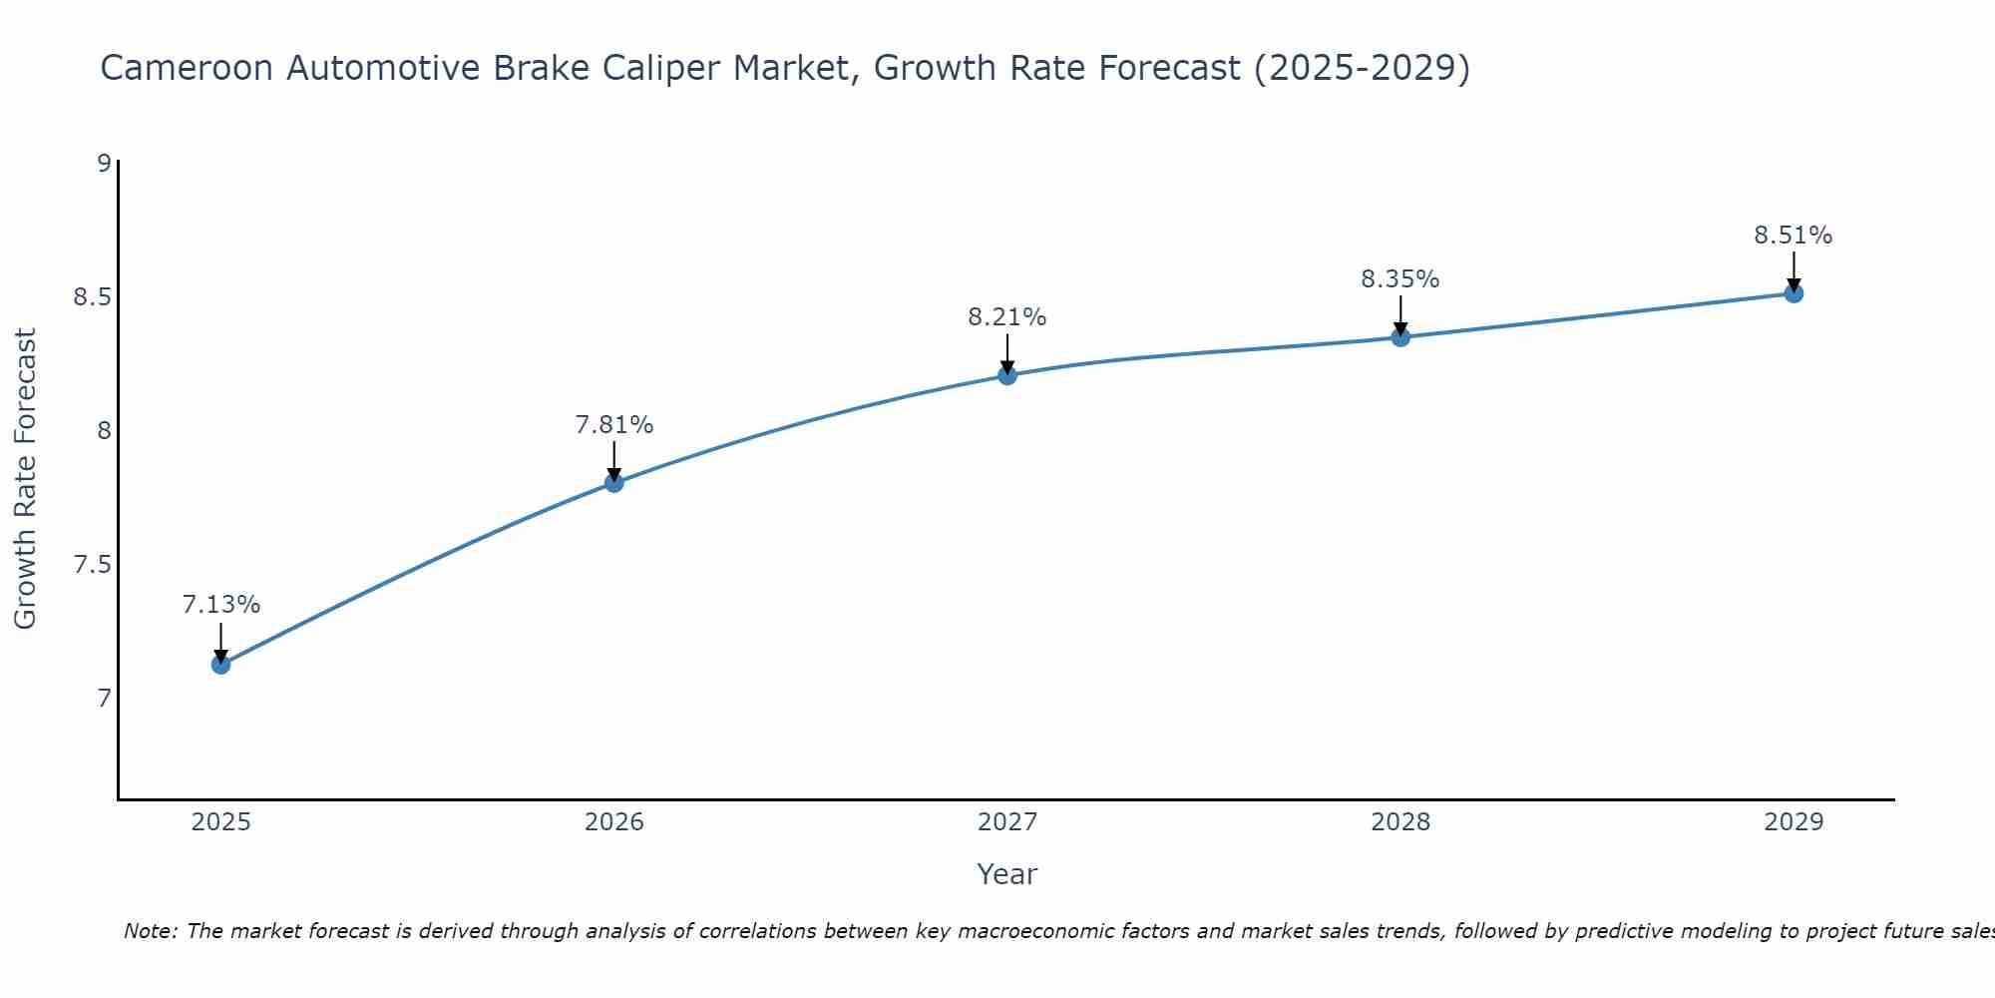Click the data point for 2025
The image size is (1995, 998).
tap(220, 665)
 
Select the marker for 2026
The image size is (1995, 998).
tap(613, 483)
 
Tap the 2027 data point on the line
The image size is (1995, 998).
tap(1006, 375)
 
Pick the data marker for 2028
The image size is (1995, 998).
tap(1400, 337)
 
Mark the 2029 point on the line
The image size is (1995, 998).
tap(1794, 293)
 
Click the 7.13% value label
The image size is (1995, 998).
tap(221, 605)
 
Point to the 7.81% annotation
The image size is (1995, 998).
tap(613, 425)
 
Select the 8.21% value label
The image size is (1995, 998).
tap(1006, 317)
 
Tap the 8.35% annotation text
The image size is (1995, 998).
tap(1400, 279)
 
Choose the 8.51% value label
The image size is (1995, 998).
tap(1794, 236)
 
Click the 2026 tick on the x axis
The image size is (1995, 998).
tap(613, 822)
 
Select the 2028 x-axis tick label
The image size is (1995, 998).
tap(1400, 822)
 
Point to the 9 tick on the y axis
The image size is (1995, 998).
tap(104, 163)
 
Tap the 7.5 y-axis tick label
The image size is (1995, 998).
tap(92, 565)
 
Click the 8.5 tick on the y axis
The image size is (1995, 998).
tap(92, 297)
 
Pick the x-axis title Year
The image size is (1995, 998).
tap(1006, 874)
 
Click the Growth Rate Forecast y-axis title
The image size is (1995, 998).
tap(25, 479)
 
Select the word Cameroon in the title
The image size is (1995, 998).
tap(188, 68)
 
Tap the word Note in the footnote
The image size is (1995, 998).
tap(150, 931)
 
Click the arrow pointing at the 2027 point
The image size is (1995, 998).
tap(1006, 353)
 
